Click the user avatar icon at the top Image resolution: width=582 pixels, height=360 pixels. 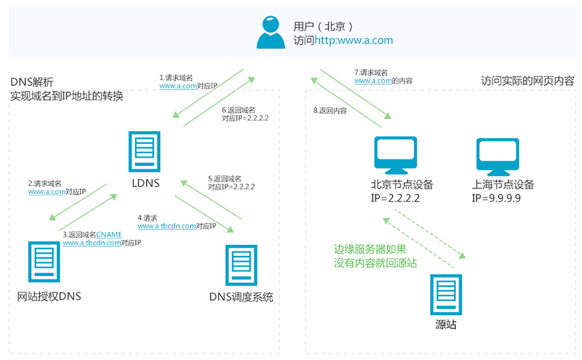point(270,32)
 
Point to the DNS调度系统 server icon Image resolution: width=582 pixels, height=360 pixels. point(241,265)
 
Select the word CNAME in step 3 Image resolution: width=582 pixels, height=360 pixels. point(109,235)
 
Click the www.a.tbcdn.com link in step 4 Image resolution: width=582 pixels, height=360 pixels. point(166,226)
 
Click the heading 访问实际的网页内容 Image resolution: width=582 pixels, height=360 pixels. point(527,81)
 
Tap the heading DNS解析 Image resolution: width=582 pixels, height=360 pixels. point(32,83)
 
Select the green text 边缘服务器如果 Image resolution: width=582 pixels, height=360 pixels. point(371,249)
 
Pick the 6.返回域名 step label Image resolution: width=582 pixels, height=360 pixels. point(238,110)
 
